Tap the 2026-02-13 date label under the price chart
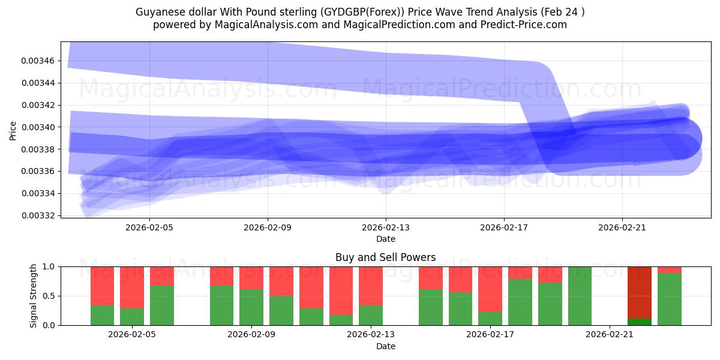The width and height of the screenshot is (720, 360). pos(386,228)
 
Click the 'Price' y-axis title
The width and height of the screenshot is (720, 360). pos(13,130)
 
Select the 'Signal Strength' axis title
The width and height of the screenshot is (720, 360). pos(34,296)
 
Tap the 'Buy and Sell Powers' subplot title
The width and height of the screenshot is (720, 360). pos(385,257)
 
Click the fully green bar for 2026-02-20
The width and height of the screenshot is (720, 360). pos(580,296)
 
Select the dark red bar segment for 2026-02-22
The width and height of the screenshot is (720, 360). pos(639,292)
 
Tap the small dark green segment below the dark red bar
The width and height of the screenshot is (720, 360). pos(639,322)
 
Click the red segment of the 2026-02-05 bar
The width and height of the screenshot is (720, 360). pos(132,287)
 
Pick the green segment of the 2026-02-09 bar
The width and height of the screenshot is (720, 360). pos(251,307)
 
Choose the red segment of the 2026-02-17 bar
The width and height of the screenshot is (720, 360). pos(490,289)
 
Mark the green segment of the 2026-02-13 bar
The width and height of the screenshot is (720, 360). pos(371,315)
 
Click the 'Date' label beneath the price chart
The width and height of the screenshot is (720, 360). pos(385,239)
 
